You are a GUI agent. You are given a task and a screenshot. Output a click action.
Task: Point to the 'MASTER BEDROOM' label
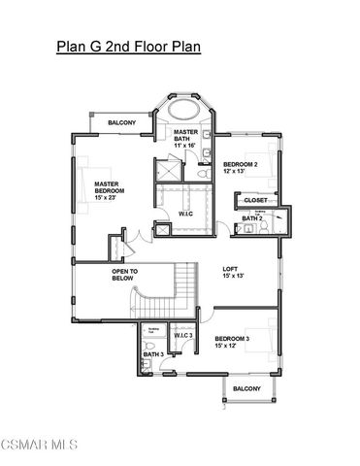click(x=109, y=186)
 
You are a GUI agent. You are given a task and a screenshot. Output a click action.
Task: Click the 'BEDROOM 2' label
click(x=240, y=165)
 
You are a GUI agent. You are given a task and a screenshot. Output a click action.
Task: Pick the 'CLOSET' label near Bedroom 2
click(x=255, y=200)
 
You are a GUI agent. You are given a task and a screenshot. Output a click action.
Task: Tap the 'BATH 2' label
click(x=251, y=218)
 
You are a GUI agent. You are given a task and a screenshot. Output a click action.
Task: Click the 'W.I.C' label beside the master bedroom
click(x=185, y=214)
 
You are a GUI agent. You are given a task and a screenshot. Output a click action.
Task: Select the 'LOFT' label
click(x=230, y=270)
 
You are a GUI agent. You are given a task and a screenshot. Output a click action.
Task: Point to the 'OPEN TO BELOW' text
click(x=125, y=274)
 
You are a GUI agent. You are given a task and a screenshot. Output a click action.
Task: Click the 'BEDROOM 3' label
click(x=234, y=338)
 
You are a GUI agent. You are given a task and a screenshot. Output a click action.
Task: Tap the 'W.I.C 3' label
click(x=184, y=336)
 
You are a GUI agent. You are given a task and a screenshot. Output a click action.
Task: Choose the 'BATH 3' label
click(x=152, y=354)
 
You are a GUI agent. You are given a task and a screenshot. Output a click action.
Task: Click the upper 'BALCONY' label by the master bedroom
click(x=121, y=122)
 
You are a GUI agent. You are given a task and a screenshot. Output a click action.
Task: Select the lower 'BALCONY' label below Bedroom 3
click(x=246, y=388)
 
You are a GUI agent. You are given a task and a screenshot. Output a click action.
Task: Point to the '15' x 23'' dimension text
click(x=109, y=198)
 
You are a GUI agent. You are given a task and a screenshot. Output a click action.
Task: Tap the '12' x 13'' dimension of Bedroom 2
click(x=237, y=173)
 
